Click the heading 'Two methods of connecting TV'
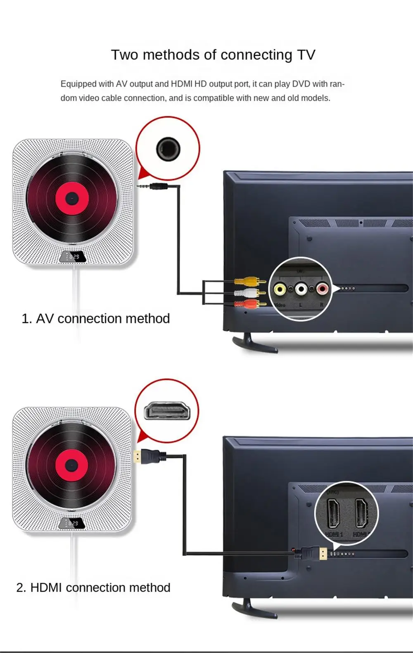click(x=213, y=55)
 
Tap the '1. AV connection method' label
click(x=95, y=318)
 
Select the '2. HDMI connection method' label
click(x=93, y=587)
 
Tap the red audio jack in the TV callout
click(x=322, y=289)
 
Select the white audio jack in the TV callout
click(x=301, y=289)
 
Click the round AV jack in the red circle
click(x=168, y=148)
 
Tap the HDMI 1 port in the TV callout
click(x=333, y=513)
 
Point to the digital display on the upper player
click(x=72, y=256)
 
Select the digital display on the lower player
click(x=72, y=523)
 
